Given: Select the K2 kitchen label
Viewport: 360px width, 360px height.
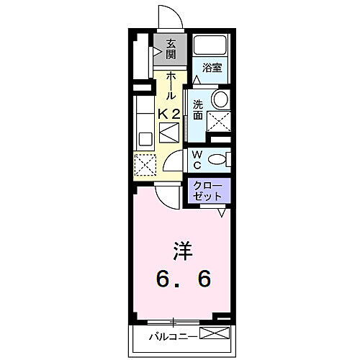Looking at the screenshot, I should pos(170,113).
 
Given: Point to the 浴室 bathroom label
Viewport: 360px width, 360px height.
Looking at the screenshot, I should pos(211,68).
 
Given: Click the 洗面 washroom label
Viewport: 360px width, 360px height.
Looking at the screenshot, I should pos(197,109).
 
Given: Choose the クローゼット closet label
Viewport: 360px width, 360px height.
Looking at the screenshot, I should pos(210,191).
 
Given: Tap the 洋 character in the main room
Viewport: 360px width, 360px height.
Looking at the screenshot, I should pos(180,251).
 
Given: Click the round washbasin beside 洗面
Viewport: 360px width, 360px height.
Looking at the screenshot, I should pos(220,99).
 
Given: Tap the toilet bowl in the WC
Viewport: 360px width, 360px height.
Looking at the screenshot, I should pos(220,158).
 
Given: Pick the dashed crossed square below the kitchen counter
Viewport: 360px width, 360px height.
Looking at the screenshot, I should pos(145,165).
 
